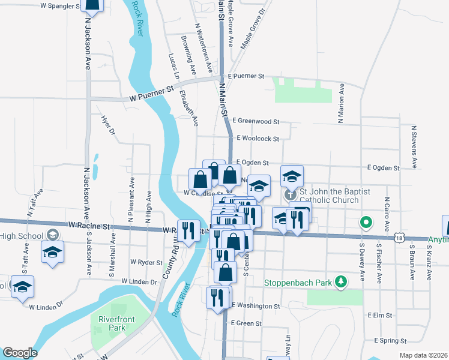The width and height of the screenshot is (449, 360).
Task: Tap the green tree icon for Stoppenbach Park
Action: pos(341,281)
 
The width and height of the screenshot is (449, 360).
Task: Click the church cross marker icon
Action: pos(291,195)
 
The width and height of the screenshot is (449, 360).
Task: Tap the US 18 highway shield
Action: pos(400,238)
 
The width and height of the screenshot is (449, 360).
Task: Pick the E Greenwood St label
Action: pos(258,121)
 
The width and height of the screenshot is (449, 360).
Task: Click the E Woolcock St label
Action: pos(258,139)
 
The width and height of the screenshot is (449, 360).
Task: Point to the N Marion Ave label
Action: pos(341,103)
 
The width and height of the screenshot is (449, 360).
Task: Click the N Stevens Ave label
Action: pos(414,146)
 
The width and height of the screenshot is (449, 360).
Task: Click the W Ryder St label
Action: pos(146,263)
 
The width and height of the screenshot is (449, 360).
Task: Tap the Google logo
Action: pos(20,353)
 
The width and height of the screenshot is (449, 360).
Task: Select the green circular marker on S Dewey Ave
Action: pos(365,223)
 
